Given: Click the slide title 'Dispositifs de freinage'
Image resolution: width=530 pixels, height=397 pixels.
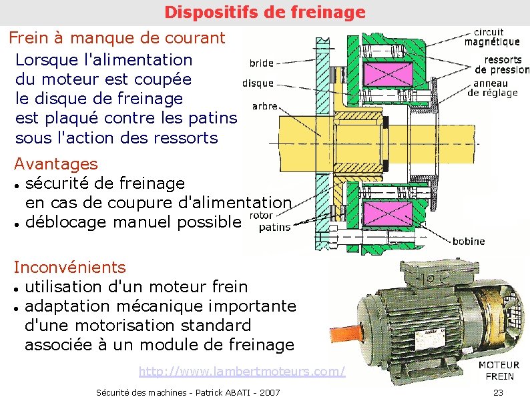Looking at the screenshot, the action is tap(265, 12).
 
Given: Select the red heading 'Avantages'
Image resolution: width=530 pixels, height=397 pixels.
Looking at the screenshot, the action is tap(56, 163).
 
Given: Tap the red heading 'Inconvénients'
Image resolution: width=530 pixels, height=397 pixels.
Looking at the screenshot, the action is tap(69, 268).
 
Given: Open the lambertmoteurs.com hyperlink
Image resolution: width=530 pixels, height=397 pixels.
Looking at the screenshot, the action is tap(242, 371).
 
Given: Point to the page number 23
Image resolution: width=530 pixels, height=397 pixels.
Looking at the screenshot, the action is tap(497, 392).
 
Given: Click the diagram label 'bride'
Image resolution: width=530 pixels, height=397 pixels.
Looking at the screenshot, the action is tap(261, 63).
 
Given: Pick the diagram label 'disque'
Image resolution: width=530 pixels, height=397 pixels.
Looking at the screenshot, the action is tap(258, 83).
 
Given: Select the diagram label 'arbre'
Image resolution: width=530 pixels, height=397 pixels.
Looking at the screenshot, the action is tap(264, 106).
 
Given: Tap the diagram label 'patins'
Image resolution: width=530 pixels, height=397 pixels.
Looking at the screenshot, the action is tap(274, 227).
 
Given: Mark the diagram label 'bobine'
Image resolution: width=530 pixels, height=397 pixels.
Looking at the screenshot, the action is tap(469, 241).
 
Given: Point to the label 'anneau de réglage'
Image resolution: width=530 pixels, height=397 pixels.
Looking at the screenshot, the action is tap(493, 88).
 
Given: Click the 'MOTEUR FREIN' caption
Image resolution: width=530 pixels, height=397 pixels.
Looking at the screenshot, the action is tap(499, 370).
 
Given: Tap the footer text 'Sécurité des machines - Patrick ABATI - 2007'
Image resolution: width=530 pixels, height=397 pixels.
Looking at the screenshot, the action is tap(188, 392).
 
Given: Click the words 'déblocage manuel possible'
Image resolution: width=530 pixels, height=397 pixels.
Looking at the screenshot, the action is tap(131, 222).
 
